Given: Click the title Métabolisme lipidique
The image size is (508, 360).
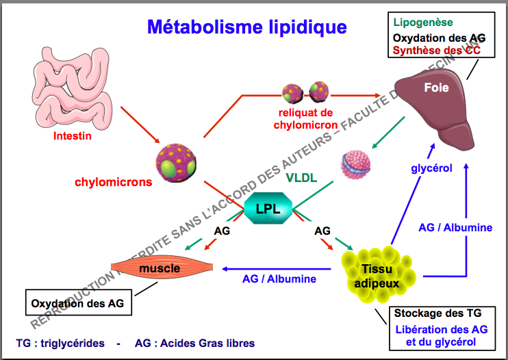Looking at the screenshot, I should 246,27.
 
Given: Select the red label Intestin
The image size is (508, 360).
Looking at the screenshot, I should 73,136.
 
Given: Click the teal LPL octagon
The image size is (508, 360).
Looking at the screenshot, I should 268,209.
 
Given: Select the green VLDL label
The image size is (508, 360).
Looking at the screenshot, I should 302,177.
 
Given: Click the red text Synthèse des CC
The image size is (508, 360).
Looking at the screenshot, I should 433,51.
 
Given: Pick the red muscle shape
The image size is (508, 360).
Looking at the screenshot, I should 159,268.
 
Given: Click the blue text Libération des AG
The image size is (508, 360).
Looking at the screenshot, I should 440,329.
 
